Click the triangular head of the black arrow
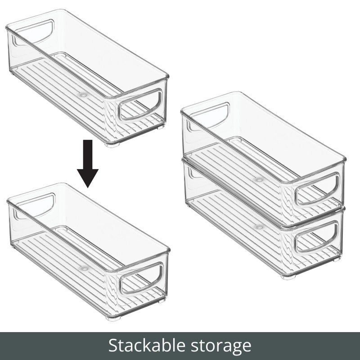pyautogui.click(x=88, y=177)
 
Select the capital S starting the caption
pyautogui.click(x=113, y=346)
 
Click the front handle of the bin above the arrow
pyautogui.click(x=140, y=105)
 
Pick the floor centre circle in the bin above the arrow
pyautogui.click(x=82, y=95)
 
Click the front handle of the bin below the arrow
pyautogui.click(x=141, y=278)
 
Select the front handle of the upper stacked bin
pyautogui.click(x=317, y=189)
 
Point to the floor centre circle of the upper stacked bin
pyautogui.click(x=258, y=179)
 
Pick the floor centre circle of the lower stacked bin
pyautogui.click(x=258, y=227)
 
